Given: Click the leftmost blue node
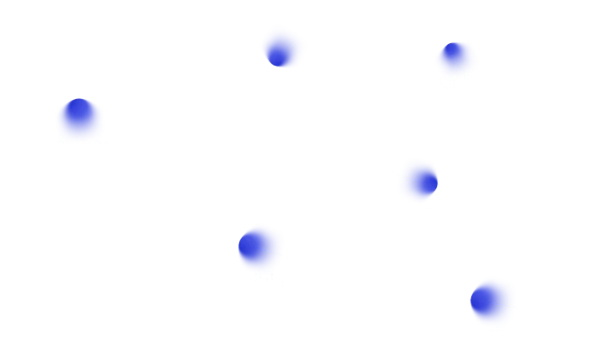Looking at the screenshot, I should click(x=80, y=120).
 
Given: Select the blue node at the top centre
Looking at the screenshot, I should click(x=282, y=46).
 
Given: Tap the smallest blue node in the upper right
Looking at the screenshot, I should click(x=456, y=58).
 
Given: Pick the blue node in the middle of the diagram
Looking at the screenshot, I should click(x=417, y=180).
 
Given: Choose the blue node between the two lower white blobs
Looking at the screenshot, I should click(x=262, y=247).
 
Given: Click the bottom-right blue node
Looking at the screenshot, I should click(x=493, y=300).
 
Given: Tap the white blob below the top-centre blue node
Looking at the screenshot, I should click(x=322, y=143).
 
